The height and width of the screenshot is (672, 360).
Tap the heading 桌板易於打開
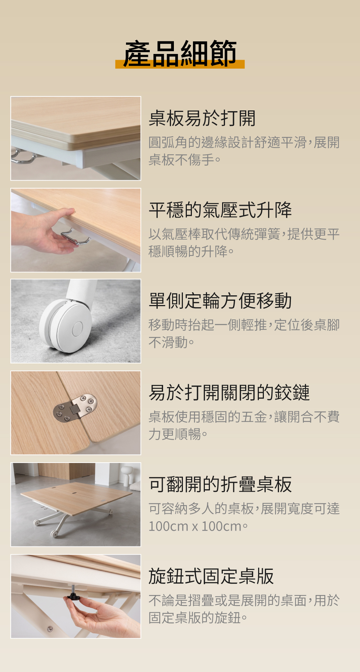tap(202, 118)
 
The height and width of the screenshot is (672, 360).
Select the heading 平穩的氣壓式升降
tap(220, 210)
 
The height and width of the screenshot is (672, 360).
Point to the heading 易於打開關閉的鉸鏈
tap(229, 392)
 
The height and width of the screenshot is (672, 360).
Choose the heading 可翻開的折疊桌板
tap(220, 484)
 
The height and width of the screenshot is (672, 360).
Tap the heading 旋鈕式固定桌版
tap(211, 576)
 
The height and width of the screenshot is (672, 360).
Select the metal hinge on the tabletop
tap(75, 408)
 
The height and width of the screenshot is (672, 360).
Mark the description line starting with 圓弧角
tap(244, 142)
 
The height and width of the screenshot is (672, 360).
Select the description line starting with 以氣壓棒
tap(244, 234)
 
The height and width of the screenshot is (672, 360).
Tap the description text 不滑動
tap(168, 342)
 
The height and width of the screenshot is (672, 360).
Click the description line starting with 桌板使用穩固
tap(244, 417)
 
